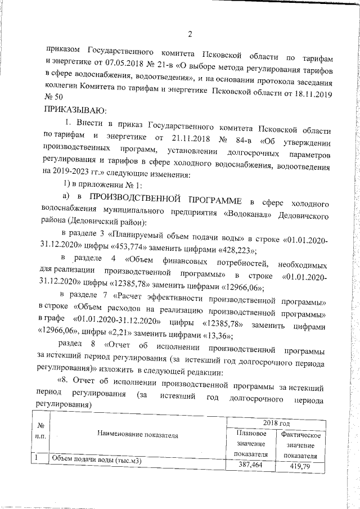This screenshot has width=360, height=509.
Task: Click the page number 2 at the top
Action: [190, 34]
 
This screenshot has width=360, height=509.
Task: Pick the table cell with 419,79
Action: [300, 466]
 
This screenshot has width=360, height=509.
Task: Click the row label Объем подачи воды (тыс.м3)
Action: [96, 461]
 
